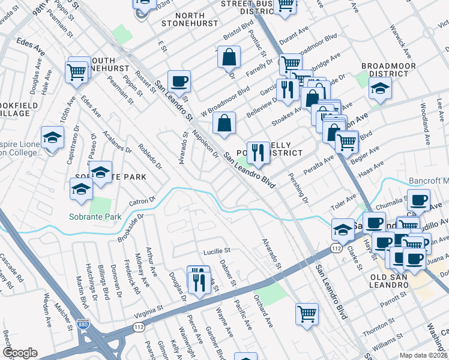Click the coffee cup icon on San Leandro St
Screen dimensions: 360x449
(x=178, y=80)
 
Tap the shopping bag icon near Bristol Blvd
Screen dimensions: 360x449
(x=229, y=58)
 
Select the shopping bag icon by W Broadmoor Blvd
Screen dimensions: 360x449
(x=223, y=124)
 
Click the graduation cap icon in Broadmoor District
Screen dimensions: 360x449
(x=380, y=89)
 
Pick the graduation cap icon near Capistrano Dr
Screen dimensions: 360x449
(x=53, y=138)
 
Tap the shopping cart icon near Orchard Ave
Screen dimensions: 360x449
(x=307, y=313)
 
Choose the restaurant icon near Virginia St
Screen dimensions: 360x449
(x=198, y=280)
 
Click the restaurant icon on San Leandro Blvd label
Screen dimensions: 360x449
(x=258, y=154)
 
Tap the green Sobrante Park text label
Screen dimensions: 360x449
(x=95, y=217)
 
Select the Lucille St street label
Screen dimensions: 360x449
(x=217, y=249)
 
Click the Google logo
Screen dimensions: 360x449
(x=20, y=352)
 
